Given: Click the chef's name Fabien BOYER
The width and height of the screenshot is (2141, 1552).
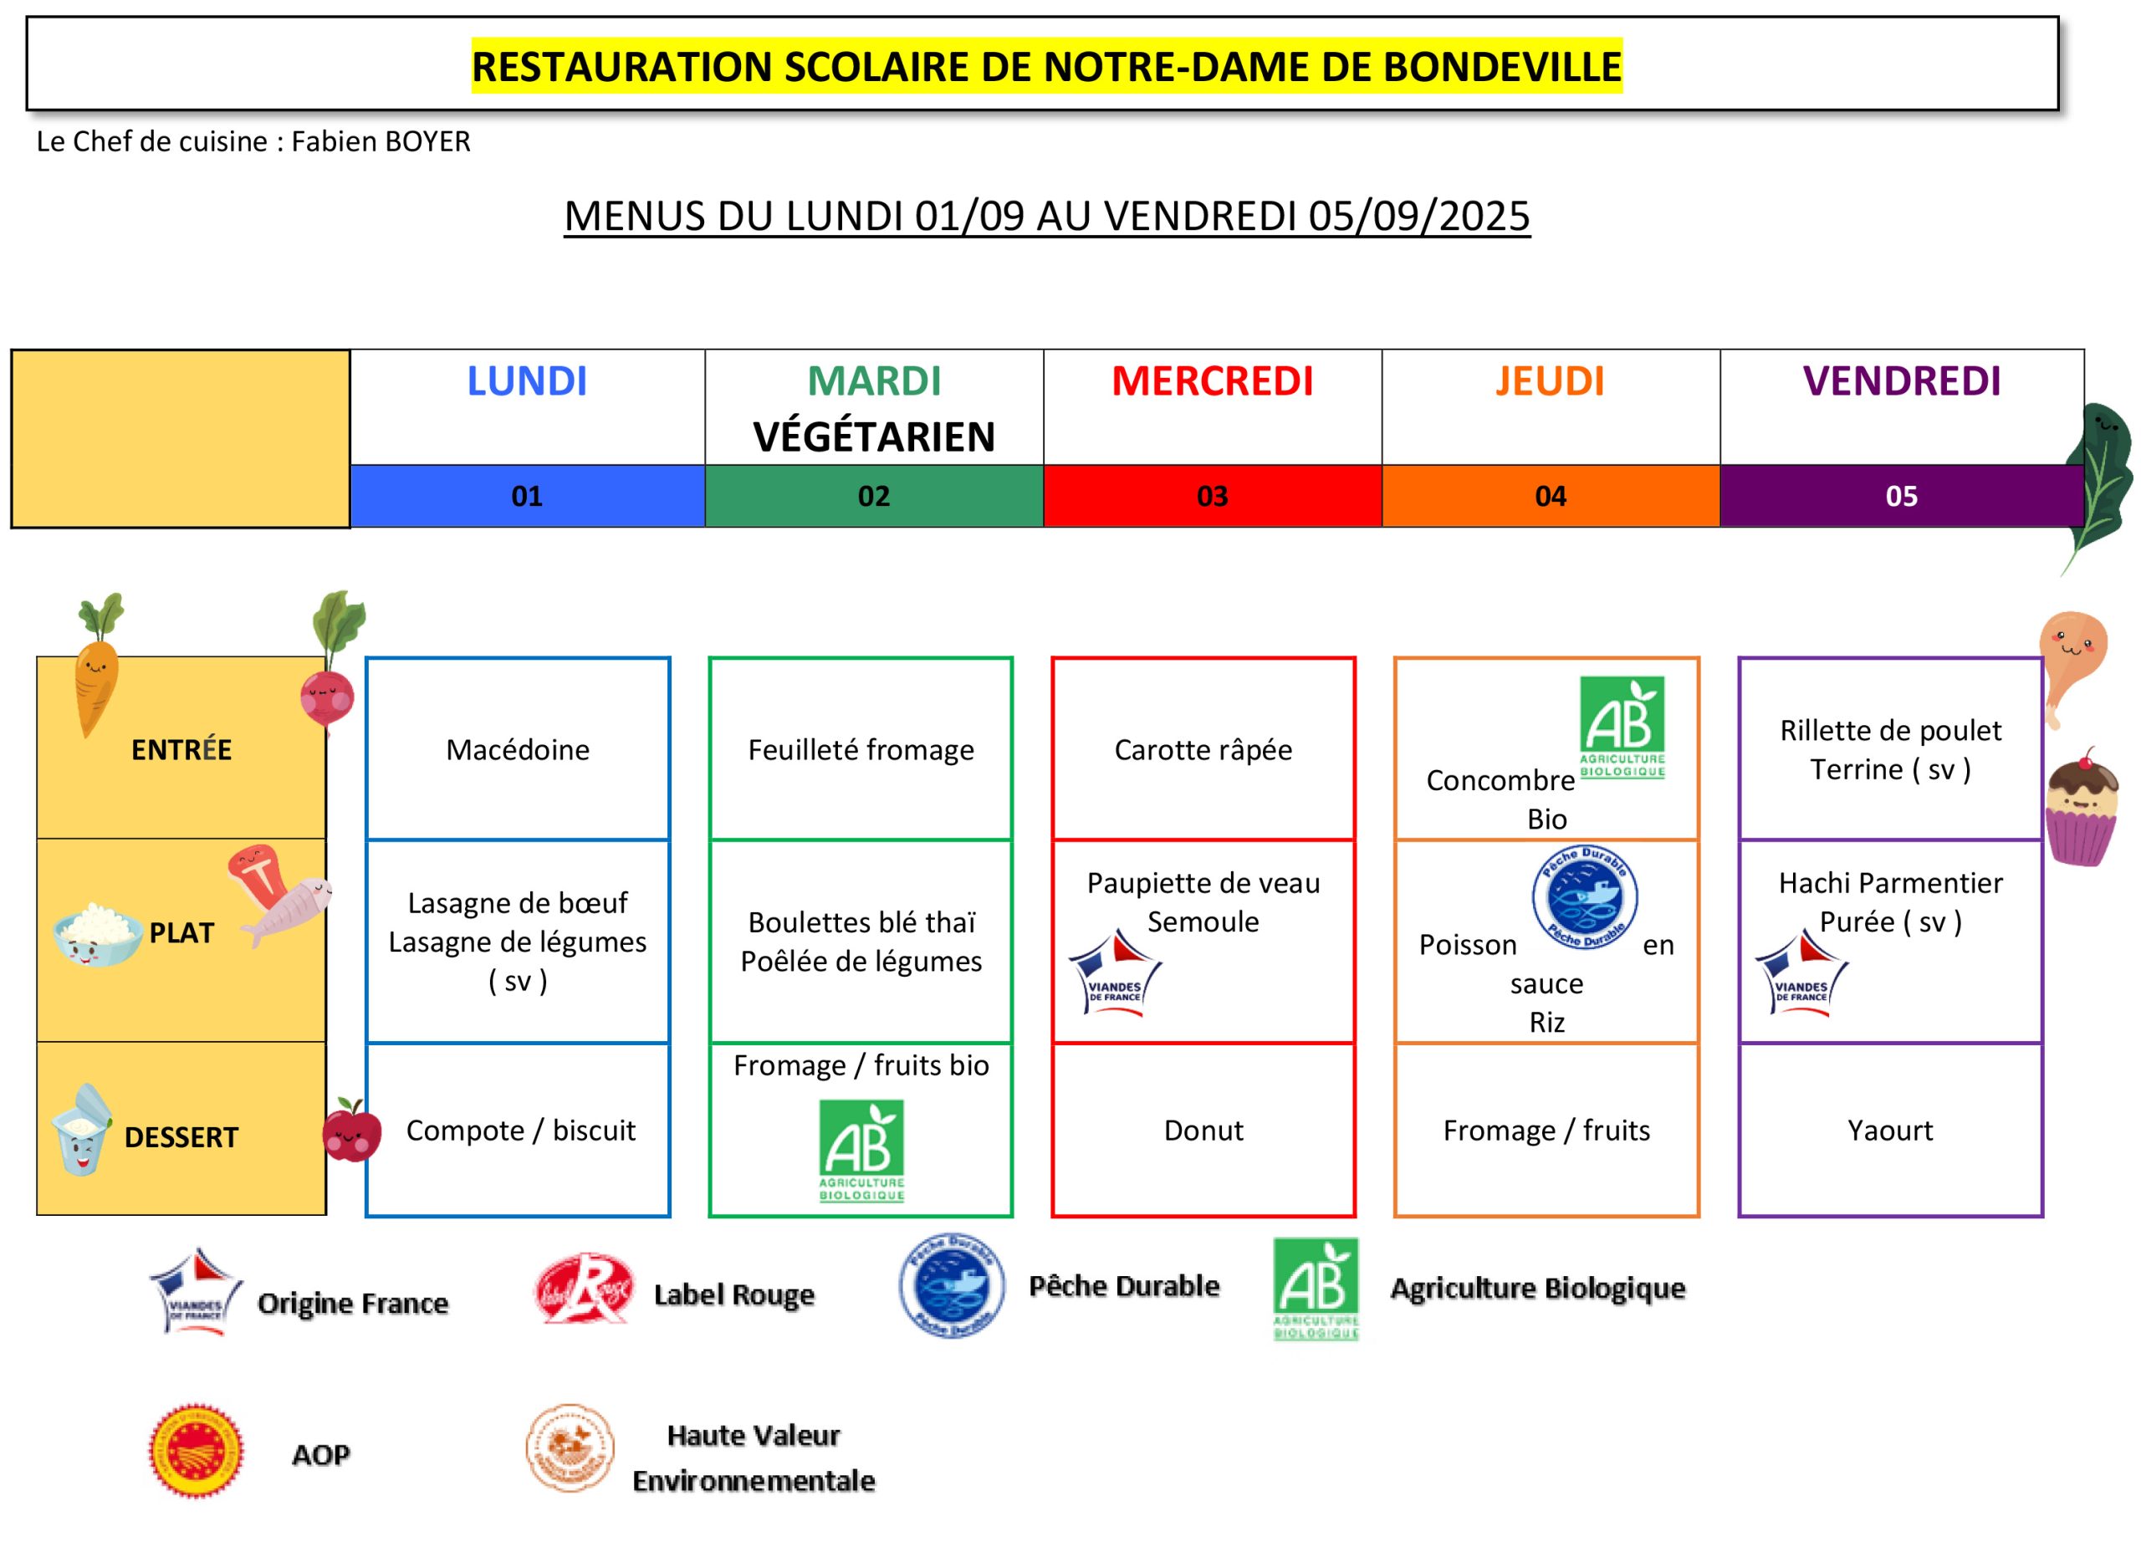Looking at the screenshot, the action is click(x=381, y=141).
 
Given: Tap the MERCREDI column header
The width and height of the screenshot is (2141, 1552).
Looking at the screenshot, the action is click(x=1212, y=381).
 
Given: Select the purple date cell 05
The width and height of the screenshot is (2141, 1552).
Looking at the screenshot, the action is click(x=1901, y=496).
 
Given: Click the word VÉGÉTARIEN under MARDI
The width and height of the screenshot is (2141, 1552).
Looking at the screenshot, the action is click(x=874, y=437).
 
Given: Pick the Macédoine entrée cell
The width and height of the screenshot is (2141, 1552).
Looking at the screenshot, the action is click(x=518, y=749).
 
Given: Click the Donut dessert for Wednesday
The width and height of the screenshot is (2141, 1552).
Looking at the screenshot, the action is click(x=1203, y=1130).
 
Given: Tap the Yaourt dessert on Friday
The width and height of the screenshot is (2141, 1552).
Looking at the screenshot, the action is click(x=1890, y=1130).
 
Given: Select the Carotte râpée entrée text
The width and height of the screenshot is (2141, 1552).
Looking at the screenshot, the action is click(x=1203, y=749).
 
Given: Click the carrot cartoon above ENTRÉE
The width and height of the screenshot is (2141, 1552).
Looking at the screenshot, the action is click(x=97, y=665).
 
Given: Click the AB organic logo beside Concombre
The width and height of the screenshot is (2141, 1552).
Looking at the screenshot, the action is click(x=1622, y=727).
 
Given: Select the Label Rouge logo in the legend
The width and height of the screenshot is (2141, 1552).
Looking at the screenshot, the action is click(x=584, y=1289).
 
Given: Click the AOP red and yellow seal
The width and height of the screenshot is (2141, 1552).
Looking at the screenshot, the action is click(x=197, y=1451).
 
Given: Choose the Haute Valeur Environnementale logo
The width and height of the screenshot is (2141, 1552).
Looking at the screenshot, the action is click(x=570, y=1447).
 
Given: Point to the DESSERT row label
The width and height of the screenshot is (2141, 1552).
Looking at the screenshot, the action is click(x=181, y=1137).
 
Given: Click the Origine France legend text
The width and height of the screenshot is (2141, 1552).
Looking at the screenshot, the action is click(x=353, y=1304).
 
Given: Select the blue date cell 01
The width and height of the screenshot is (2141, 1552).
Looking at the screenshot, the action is click(x=528, y=496).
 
